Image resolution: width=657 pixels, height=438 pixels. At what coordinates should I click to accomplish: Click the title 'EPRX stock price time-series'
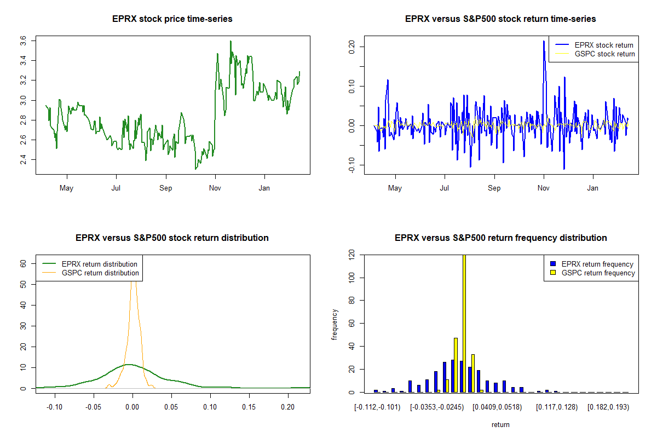point(172,19)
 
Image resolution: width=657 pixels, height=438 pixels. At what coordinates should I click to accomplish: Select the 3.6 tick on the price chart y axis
point(23,41)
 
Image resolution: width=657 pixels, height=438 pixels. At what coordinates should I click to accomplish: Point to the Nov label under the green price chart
point(215,188)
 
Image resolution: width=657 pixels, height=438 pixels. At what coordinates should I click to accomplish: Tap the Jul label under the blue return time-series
point(445,188)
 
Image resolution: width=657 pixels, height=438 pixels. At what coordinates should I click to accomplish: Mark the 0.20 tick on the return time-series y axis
point(351,47)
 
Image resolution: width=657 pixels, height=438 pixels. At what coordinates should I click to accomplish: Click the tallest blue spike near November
point(544,41)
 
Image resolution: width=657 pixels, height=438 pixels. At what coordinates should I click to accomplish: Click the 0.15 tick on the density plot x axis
point(249,407)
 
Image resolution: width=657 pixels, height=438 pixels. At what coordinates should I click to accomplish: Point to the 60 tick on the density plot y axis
point(23,264)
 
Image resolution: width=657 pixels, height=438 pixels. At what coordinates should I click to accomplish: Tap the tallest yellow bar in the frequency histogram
point(464,324)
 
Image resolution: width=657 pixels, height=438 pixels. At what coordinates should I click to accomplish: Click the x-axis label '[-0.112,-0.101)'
point(377,407)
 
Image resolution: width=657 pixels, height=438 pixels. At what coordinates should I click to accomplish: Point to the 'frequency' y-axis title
point(334,325)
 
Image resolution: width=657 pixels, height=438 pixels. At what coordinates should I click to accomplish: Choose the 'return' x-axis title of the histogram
point(500,424)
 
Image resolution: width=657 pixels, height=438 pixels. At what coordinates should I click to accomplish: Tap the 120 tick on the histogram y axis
point(351,254)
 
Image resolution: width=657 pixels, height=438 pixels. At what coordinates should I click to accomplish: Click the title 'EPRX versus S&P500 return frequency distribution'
point(500,238)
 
